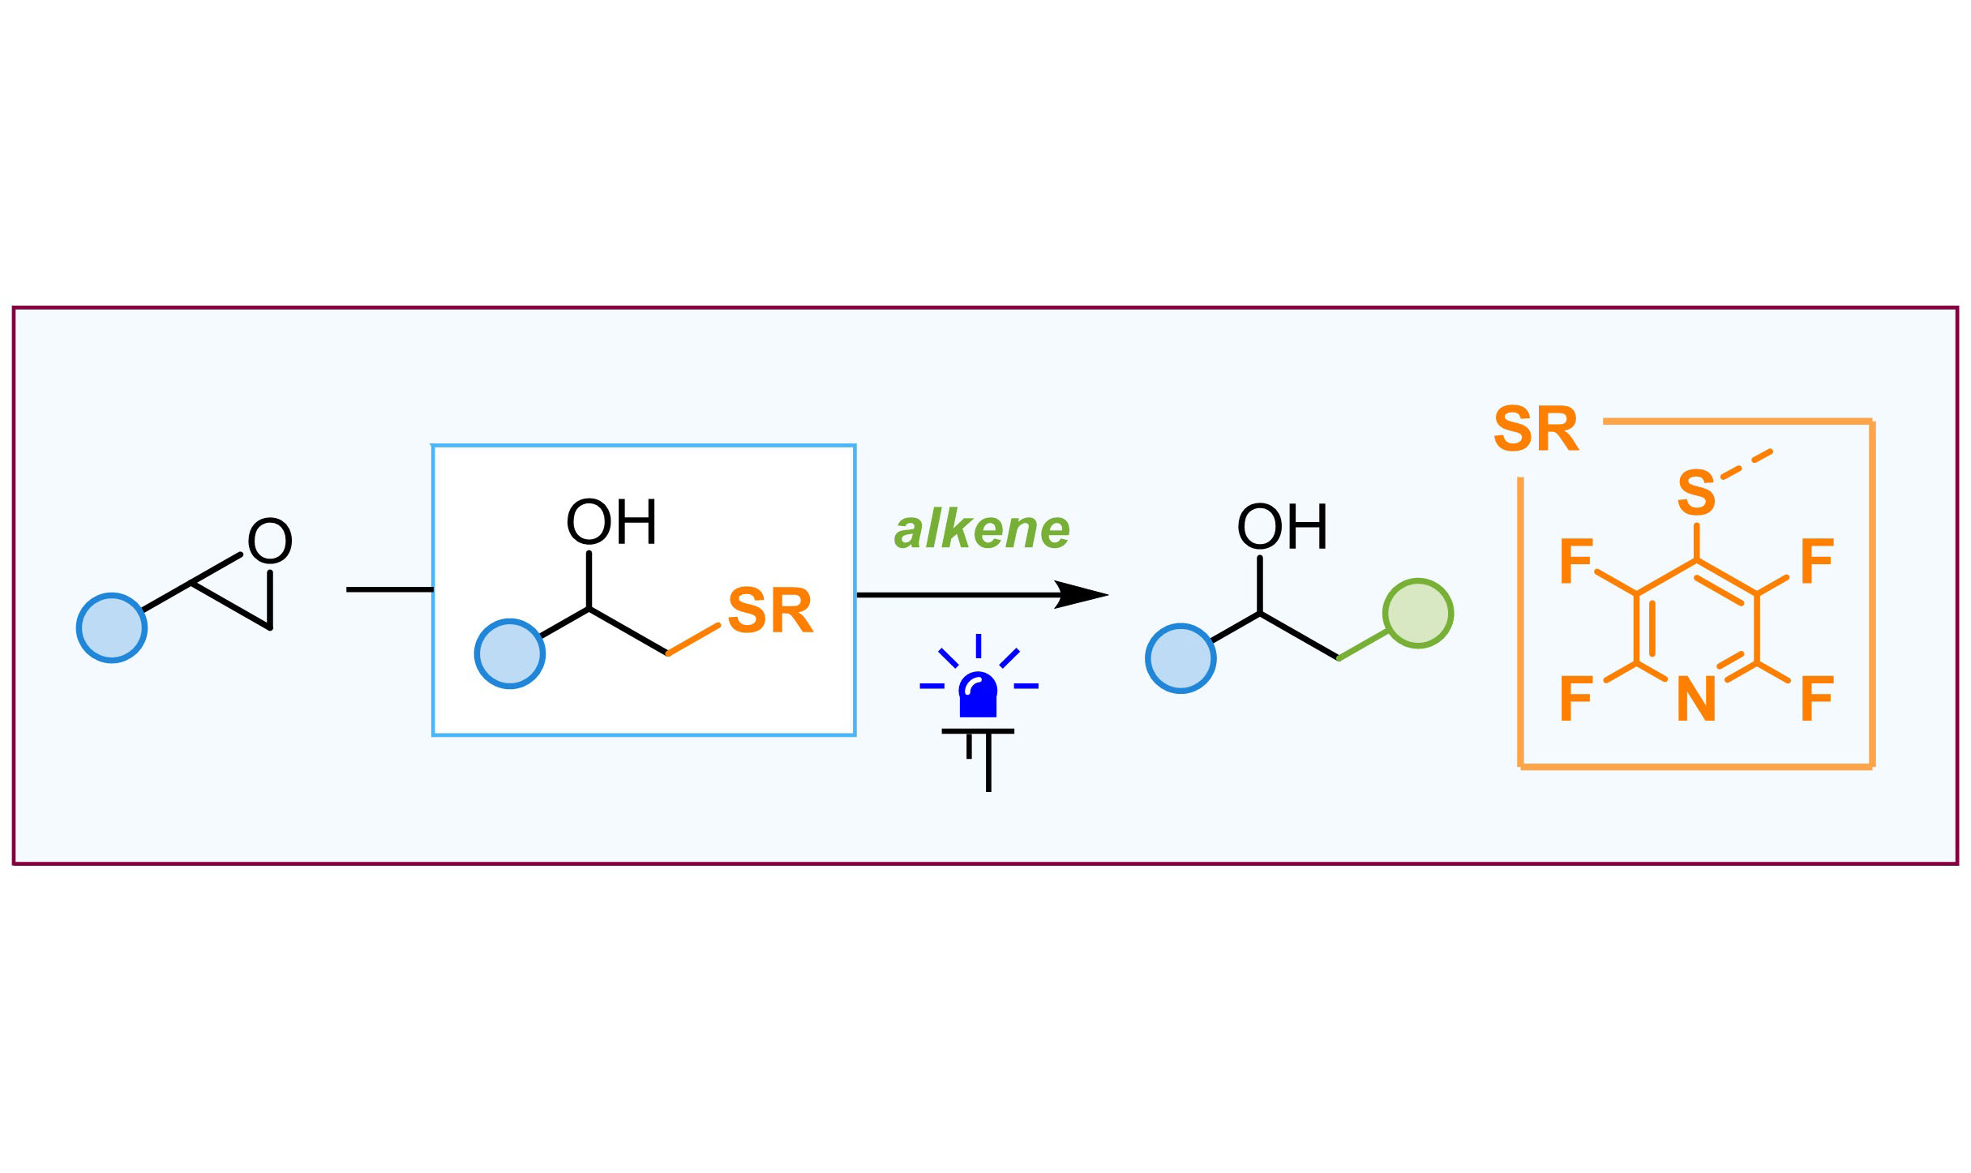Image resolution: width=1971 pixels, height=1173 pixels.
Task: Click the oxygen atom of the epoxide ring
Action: tap(269, 541)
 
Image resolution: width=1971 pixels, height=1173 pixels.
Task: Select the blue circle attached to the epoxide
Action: tap(112, 627)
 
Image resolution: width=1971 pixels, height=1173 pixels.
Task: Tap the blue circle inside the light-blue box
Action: tap(510, 653)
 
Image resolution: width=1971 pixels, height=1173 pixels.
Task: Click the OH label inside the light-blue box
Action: tap(611, 523)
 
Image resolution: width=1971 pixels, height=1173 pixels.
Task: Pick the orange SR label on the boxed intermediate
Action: tap(769, 610)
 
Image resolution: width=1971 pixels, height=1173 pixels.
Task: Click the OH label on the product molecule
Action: tap(1282, 528)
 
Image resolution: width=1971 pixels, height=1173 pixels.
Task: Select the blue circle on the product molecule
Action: tap(1180, 658)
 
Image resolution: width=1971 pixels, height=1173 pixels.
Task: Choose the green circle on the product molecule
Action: tap(1418, 613)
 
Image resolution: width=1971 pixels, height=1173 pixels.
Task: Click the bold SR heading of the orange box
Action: tap(1536, 429)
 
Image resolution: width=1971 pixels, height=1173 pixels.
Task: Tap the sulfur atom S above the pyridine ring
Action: tap(1696, 492)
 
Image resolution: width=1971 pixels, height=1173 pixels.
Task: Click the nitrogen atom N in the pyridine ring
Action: tap(1696, 699)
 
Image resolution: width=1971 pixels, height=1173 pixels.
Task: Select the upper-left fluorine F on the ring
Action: tap(1576, 561)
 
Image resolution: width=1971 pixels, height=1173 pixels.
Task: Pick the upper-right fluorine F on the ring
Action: tap(1817, 561)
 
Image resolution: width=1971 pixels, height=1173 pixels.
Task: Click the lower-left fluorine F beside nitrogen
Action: tap(1576, 699)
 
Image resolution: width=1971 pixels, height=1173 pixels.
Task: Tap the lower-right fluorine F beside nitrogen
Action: tap(1817, 699)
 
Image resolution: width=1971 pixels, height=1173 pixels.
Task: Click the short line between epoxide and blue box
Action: tap(389, 589)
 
